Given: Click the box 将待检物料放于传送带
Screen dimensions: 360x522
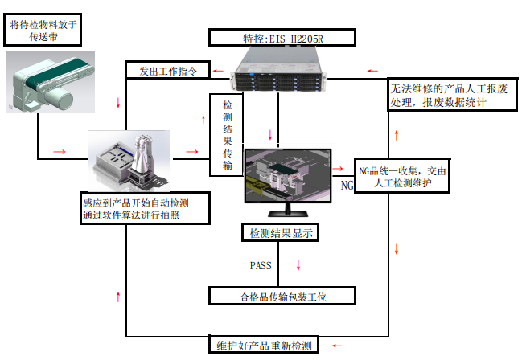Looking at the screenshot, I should coord(43,30).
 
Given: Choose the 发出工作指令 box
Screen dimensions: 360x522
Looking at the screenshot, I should coord(168,71).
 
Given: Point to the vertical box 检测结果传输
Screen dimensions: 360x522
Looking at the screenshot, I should coord(227,136).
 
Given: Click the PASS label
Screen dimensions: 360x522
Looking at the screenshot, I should coord(261,265).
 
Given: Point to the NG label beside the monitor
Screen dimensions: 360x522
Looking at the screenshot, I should coord(347,186).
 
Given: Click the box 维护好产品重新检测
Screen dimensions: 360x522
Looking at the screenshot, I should coord(265,346).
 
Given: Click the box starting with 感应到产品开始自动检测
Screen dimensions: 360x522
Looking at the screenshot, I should coord(146,207).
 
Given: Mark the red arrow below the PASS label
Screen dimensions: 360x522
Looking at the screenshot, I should coord(300,265).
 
